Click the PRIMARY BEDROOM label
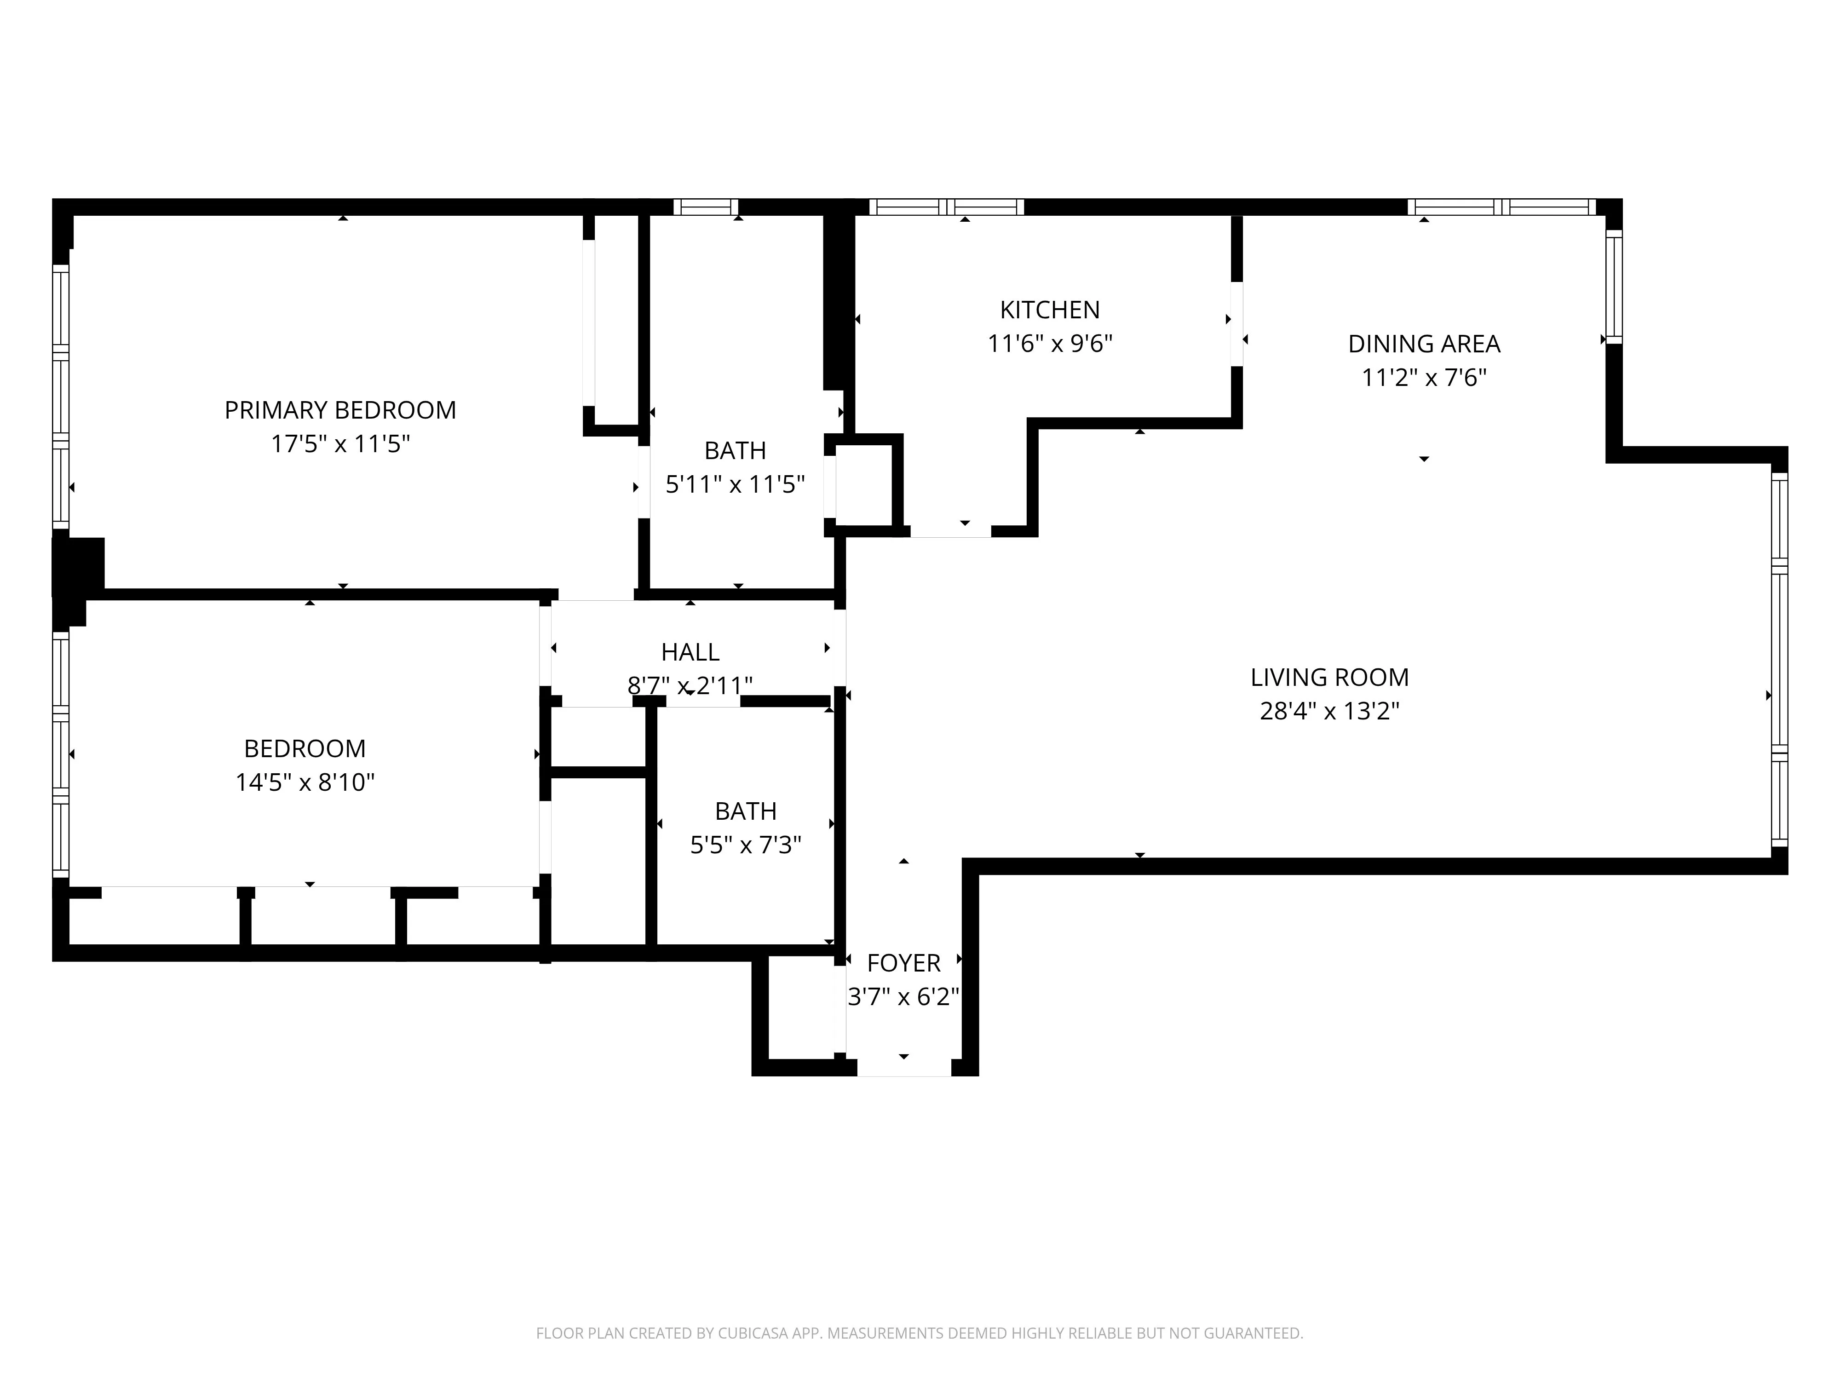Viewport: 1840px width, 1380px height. coord(340,410)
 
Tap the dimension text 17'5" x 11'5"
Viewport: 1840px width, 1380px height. coord(340,444)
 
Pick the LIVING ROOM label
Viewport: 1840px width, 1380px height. coord(1329,677)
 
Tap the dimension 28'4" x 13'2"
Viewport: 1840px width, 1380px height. coord(1329,711)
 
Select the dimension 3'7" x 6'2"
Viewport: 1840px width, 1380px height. coord(903,996)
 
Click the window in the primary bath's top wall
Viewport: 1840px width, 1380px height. coord(705,207)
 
